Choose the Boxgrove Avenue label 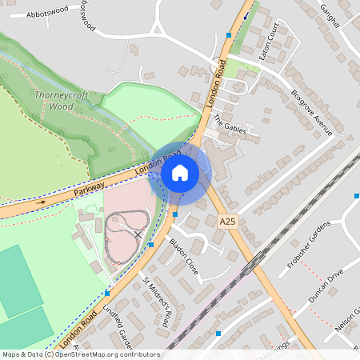pyautogui.click(x=311, y=112)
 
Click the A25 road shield pyautogui.click(x=227, y=218)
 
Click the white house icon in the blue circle pyautogui.click(x=180, y=172)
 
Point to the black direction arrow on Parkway pyautogui.click(x=42, y=203)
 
